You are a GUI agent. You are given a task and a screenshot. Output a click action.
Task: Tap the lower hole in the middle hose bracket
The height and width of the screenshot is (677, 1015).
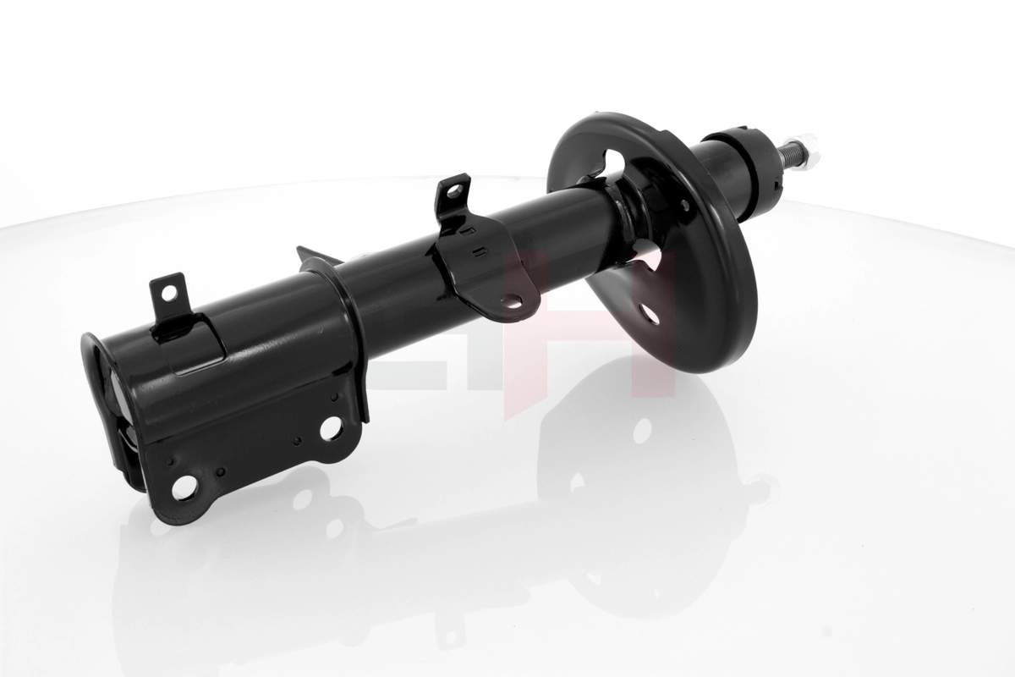(x=511, y=300)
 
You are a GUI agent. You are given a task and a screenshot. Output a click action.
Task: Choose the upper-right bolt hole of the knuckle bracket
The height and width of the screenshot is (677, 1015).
(x=330, y=427)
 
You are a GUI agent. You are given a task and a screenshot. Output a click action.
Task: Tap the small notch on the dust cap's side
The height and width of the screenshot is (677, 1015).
(x=776, y=179)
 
